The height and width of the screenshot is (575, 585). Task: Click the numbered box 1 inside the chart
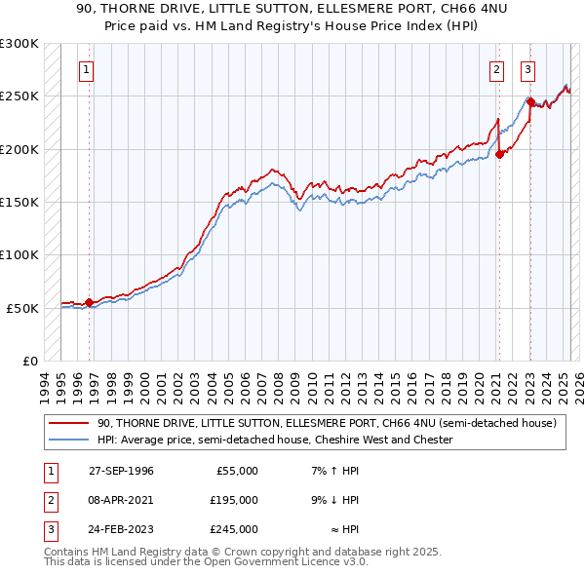click(87, 69)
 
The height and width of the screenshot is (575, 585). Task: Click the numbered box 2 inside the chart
click(496, 69)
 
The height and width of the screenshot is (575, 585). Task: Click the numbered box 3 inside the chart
click(527, 69)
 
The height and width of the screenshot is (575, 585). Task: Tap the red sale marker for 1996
click(90, 302)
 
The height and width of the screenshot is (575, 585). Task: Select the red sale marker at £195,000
click(499, 154)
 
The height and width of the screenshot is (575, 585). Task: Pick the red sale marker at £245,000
click(530, 101)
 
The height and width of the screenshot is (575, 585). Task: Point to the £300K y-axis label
click(19, 44)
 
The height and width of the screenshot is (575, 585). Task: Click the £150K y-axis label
click(19, 202)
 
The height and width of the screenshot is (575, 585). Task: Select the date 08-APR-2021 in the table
click(120, 500)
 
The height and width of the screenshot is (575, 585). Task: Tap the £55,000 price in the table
click(234, 471)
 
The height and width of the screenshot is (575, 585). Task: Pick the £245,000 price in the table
click(234, 529)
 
